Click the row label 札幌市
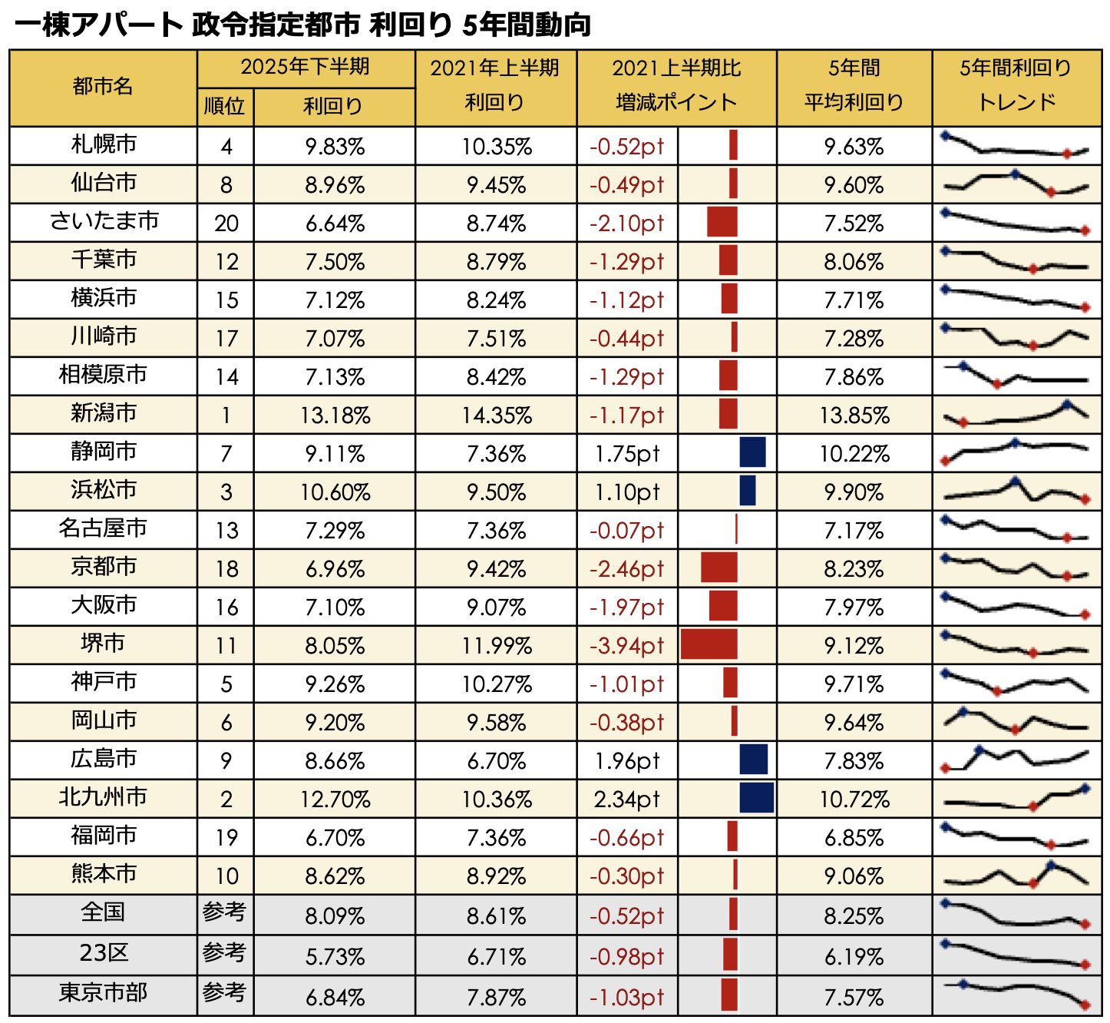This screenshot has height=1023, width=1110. tap(104, 144)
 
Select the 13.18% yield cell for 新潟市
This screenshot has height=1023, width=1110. tap(335, 415)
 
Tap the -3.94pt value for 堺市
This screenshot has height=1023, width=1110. tap(626, 646)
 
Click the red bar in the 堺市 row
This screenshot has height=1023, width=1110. tap(709, 644)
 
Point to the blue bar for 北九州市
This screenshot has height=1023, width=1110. tap(756, 798)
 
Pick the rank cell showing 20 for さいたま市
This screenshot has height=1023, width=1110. tap(226, 223)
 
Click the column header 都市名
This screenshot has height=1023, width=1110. tap(103, 87)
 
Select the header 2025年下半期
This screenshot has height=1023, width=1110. tap(306, 68)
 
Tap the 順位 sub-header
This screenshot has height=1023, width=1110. tap(224, 106)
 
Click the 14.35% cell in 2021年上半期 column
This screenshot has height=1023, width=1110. tap(496, 415)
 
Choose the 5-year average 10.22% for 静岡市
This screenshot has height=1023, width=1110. tap(854, 454)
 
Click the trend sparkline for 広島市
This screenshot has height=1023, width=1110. tap(1016, 760)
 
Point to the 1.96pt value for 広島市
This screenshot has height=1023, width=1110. tap(626, 761)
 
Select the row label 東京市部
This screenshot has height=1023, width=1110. tap(103, 993)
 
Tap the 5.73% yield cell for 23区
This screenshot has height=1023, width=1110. tap(335, 957)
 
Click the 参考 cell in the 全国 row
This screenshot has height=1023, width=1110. tap(224, 912)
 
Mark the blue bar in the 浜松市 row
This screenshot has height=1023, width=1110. tap(747, 491)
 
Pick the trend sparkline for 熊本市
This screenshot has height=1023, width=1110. tap(1016, 875)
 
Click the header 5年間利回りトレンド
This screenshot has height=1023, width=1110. tap(1016, 85)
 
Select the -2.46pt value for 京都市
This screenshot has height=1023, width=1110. tap(626, 569)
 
